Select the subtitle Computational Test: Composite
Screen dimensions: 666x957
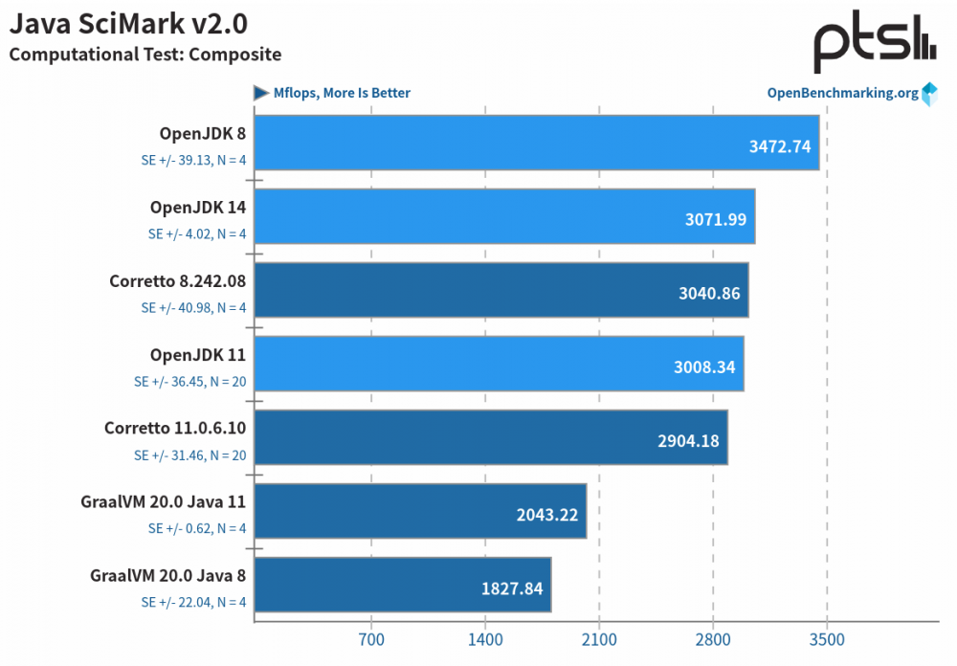click(145, 55)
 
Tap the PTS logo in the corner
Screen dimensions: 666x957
click(874, 44)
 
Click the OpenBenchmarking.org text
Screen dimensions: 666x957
click(842, 93)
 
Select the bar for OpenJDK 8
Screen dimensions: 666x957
click(537, 144)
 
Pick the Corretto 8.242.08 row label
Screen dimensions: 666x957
click(178, 282)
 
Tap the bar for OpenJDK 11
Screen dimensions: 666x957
click(499, 364)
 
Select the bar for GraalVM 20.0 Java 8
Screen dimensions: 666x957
click(403, 585)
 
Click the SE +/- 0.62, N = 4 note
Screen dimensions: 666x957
click(197, 528)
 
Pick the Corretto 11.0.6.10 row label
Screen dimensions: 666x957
click(175, 430)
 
